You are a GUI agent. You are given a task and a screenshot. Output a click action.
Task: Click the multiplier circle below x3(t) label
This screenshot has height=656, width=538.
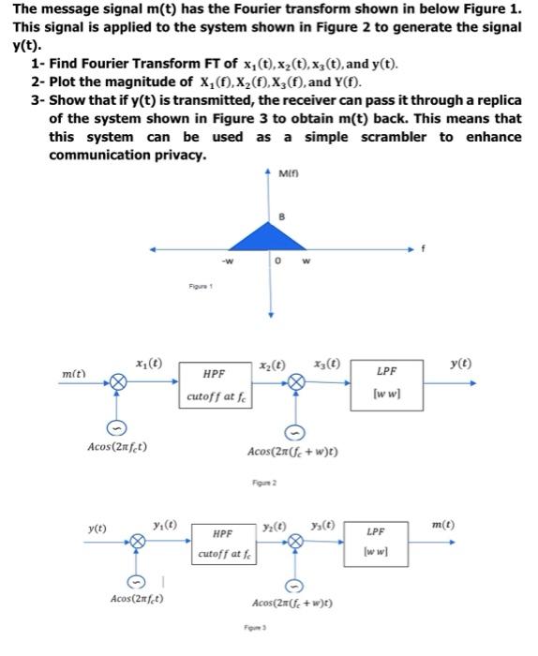(x=297, y=381)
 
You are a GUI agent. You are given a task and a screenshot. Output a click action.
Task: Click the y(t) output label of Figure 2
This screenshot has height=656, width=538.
(x=485, y=363)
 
